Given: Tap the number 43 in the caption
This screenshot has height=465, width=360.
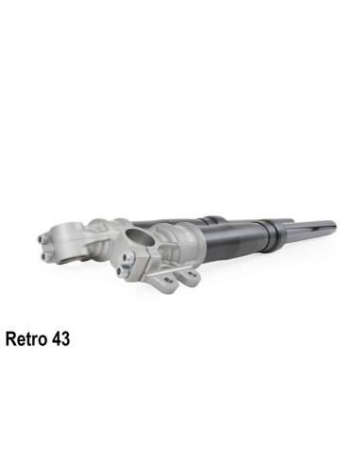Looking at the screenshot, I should click(x=60, y=337).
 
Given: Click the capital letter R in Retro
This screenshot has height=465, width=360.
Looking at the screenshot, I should click(x=10, y=337).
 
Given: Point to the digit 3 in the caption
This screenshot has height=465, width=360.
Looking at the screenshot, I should click(x=64, y=337).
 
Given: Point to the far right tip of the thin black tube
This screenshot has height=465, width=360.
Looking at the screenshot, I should click(x=334, y=224).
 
